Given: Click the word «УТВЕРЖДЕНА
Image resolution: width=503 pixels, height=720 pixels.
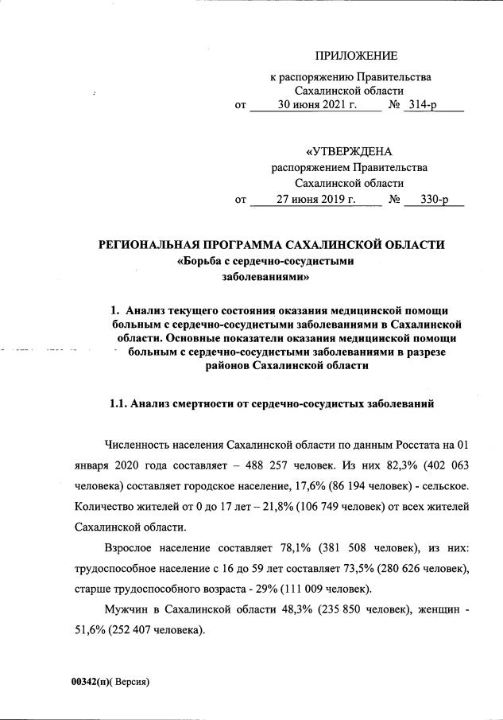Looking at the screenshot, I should click(x=349, y=151).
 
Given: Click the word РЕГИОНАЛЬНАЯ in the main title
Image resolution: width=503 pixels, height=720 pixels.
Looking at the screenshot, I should click(x=159, y=244).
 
